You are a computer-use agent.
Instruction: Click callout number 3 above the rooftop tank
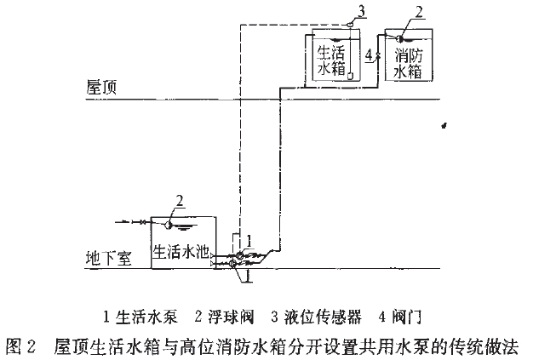(363, 10)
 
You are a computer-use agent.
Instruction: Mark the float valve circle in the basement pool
(169, 223)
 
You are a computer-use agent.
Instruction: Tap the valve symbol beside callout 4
(376, 56)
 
